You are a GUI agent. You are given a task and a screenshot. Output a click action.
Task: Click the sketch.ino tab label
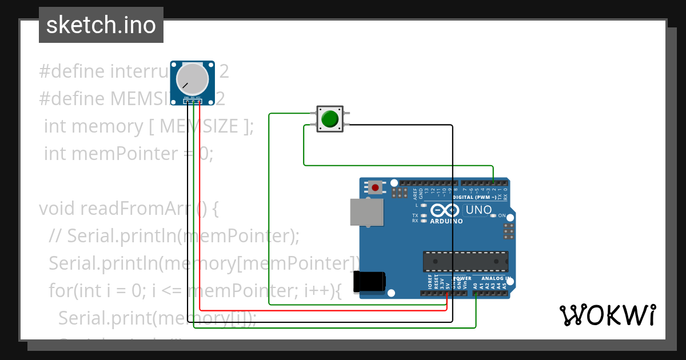(x=101, y=25)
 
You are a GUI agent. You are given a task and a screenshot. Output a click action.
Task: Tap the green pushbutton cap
(x=330, y=119)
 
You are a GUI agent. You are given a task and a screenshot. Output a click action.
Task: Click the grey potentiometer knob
(x=192, y=79)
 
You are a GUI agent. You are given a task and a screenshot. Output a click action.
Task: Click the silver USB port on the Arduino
(x=366, y=212)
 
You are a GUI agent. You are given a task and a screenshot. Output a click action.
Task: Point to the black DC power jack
(x=369, y=282)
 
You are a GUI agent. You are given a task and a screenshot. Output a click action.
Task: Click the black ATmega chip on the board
(x=465, y=261)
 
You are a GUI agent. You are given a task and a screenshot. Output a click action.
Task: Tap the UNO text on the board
(x=478, y=210)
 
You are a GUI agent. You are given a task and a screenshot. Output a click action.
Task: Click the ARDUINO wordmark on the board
(x=446, y=221)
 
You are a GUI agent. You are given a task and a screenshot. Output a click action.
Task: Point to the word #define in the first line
(x=72, y=71)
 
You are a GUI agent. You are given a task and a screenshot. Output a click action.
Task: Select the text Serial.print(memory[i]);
(x=157, y=317)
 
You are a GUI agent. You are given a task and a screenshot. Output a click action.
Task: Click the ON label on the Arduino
(x=502, y=215)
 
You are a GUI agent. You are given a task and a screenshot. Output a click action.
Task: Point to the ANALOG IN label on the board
(x=493, y=278)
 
